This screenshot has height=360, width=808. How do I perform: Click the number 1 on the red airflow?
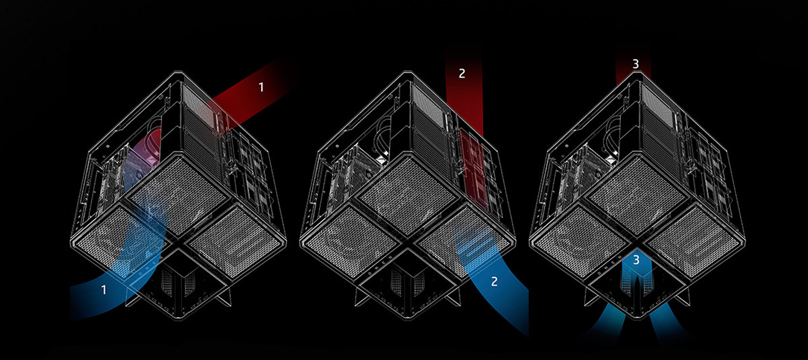point(261,88)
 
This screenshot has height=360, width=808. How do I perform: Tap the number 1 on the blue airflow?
point(104,289)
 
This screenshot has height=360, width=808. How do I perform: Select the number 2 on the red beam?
point(461,73)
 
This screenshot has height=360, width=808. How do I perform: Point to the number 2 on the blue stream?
point(494,281)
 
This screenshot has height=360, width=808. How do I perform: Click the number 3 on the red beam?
point(635,64)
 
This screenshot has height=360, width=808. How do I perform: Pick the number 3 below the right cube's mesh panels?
point(635,260)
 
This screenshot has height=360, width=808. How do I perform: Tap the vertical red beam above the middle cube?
point(464,99)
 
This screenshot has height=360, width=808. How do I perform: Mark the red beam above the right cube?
point(633,68)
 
